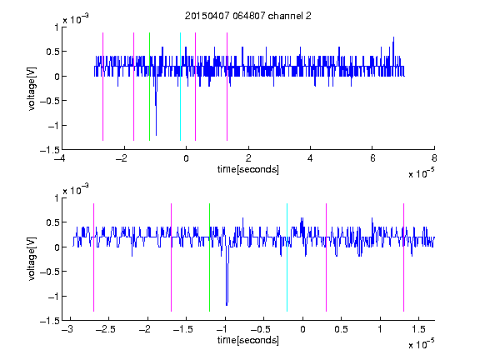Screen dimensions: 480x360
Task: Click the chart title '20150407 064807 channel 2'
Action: coord(248,16)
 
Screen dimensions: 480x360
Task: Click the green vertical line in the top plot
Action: coord(149,87)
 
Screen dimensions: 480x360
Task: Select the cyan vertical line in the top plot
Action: coord(180,87)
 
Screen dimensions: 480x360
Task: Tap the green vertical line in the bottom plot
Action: coord(209,257)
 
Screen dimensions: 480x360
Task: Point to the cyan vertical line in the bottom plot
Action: coord(287,257)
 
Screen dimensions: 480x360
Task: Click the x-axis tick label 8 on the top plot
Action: coord(434,158)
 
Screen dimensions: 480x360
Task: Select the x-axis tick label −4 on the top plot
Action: coord(60,158)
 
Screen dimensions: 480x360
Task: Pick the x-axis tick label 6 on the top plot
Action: coord(372,158)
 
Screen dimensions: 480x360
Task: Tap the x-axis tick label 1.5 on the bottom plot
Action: coord(418,329)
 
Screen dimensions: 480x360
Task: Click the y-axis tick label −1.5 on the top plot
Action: coord(50,150)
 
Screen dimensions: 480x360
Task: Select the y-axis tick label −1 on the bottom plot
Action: coord(53,297)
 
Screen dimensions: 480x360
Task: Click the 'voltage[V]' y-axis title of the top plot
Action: coord(32,88)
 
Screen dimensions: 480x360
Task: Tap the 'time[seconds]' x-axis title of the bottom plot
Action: coord(248,340)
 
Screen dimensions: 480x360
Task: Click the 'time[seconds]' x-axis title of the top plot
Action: coord(248,169)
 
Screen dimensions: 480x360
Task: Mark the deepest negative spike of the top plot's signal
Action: coord(156,135)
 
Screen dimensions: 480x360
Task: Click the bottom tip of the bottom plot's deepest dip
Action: coord(227,305)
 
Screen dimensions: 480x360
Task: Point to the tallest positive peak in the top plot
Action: coord(393,37)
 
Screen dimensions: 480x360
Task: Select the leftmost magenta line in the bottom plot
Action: coord(93,257)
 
